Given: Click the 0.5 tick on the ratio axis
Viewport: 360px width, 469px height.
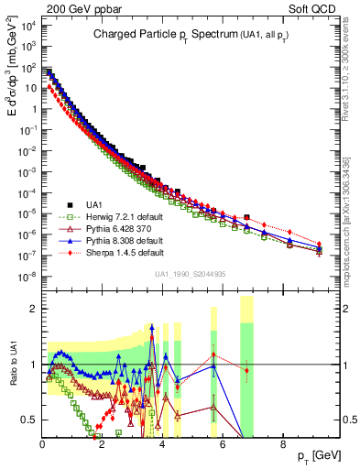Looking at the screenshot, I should tap(30, 420).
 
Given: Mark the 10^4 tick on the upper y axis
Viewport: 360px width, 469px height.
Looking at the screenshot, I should tap(28, 27).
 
